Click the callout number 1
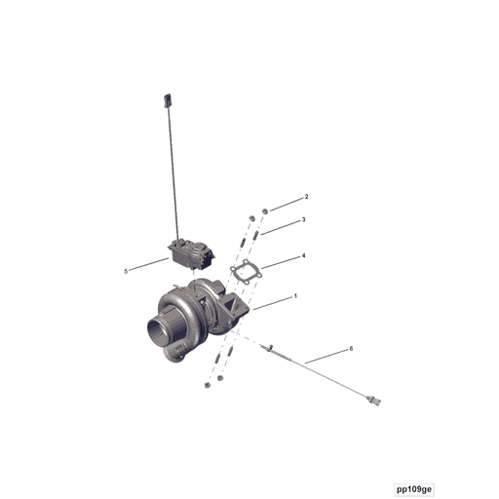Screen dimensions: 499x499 (295, 296)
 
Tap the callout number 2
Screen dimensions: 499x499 (305, 198)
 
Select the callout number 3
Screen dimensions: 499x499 (303, 220)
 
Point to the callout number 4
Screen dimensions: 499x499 (303, 255)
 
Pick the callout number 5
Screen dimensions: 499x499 (126, 271)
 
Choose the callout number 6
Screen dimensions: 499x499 (351, 348)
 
